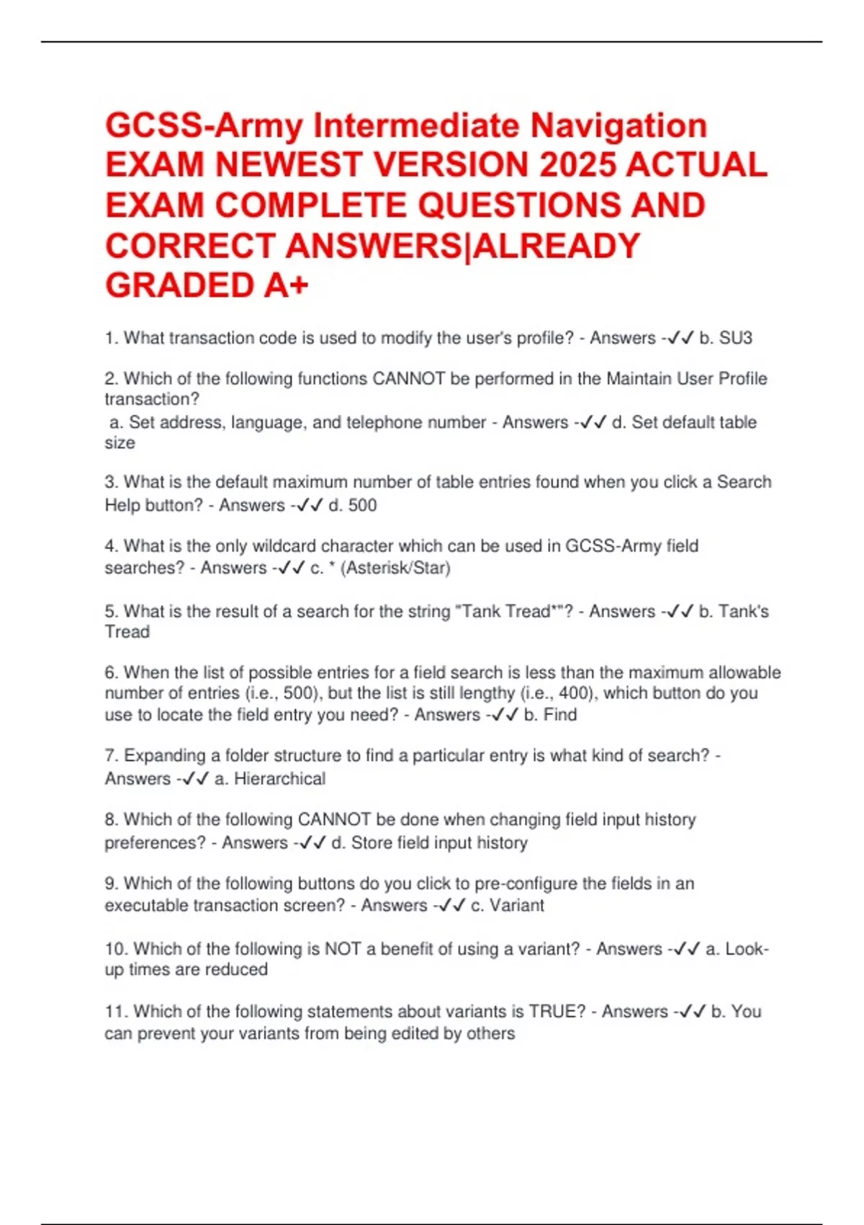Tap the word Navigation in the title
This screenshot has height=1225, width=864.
pos(618,125)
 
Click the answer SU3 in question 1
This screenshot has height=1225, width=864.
pos(736,338)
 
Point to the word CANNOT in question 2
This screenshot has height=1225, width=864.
pos(408,379)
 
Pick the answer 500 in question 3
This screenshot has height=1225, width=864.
pos(362,506)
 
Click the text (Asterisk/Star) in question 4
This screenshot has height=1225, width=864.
pos(395,569)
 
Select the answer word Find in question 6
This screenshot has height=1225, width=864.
pos(560,715)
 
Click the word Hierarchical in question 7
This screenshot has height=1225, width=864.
pos(279,779)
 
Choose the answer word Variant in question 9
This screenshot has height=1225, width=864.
pos(517,906)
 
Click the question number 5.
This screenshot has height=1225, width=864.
pos(111,612)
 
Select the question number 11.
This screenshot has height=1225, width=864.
pos(115,1012)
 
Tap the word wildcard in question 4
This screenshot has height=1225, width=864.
pos(284,546)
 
